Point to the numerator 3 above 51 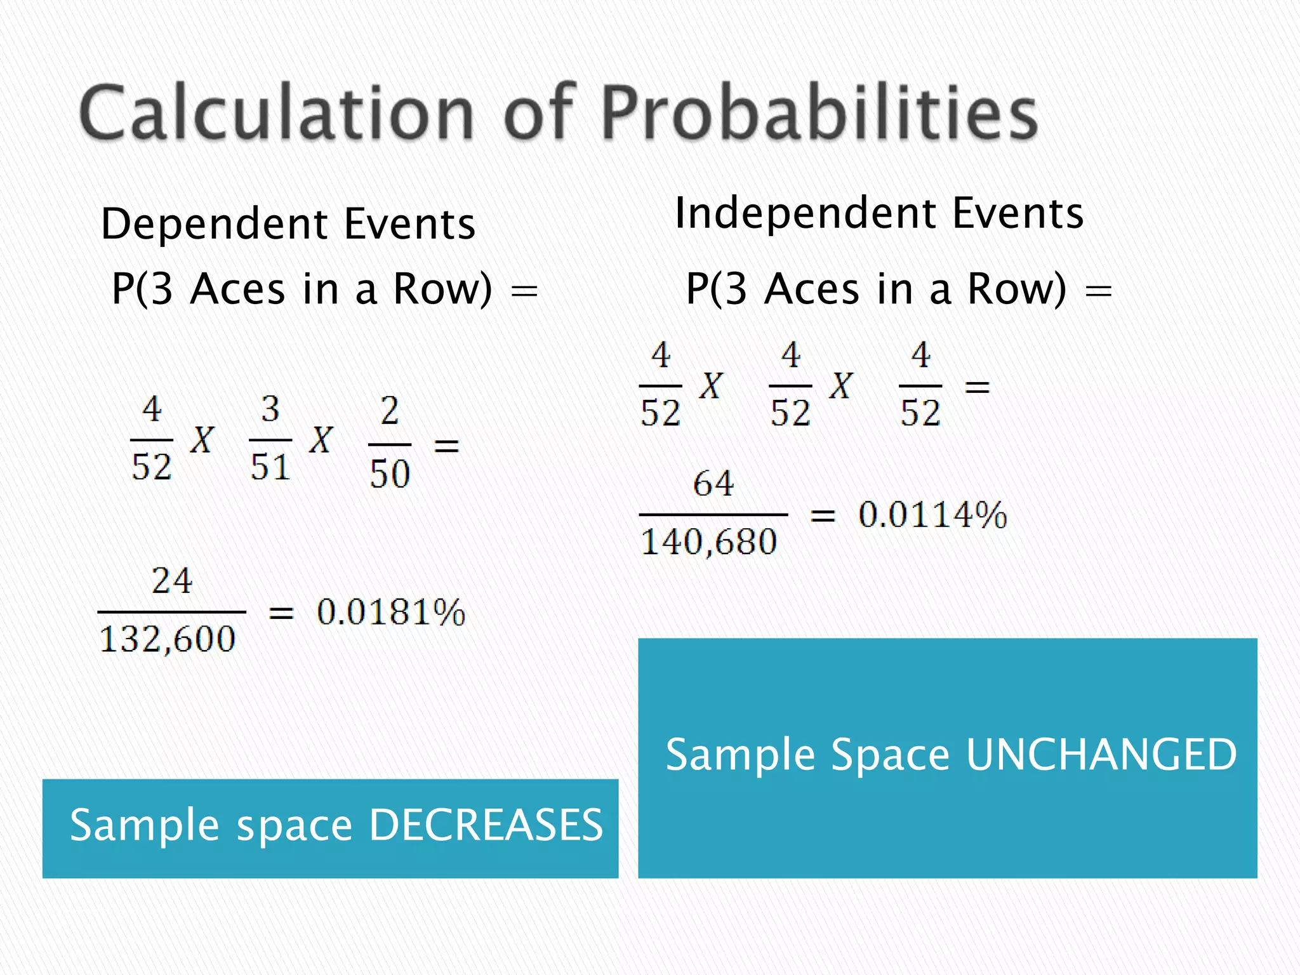[x=270, y=409]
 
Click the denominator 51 [x=270, y=467]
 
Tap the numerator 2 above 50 [x=390, y=411]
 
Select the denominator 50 [x=390, y=474]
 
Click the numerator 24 [x=171, y=581]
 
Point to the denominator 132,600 [x=168, y=639]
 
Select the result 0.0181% [x=391, y=613]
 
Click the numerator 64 [x=713, y=484]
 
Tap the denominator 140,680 [x=709, y=542]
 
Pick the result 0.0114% [x=932, y=515]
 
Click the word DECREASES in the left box [x=486, y=825]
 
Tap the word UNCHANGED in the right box [x=1101, y=755]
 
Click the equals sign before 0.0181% [x=281, y=613]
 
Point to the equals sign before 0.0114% [x=823, y=516]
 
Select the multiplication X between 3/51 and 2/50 [x=321, y=439]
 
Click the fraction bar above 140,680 [x=713, y=514]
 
